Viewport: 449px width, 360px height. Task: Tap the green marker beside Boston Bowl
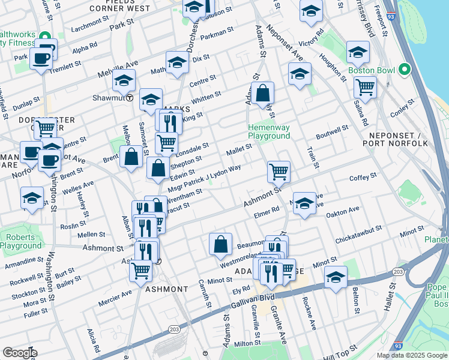(x=405, y=70)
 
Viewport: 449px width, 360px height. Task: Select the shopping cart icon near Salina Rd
(x=365, y=88)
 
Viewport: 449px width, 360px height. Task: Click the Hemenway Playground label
(x=270, y=131)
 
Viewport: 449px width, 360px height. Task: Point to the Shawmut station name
(x=108, y=97)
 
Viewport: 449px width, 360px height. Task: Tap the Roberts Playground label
(x=21, y=241)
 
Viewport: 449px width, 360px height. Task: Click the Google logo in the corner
(x=20, y=353)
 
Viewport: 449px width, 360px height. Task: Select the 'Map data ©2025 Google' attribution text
(x=412, y=355)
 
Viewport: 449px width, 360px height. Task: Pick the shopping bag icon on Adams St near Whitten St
(x=263, y=94)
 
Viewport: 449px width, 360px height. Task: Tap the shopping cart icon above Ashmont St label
(x=279, y=172)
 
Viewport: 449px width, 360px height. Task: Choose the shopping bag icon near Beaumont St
(x=220, y=244)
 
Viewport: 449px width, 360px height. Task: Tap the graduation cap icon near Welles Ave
(x=32, y=199)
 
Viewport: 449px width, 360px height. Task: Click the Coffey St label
(x=363, y=176)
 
